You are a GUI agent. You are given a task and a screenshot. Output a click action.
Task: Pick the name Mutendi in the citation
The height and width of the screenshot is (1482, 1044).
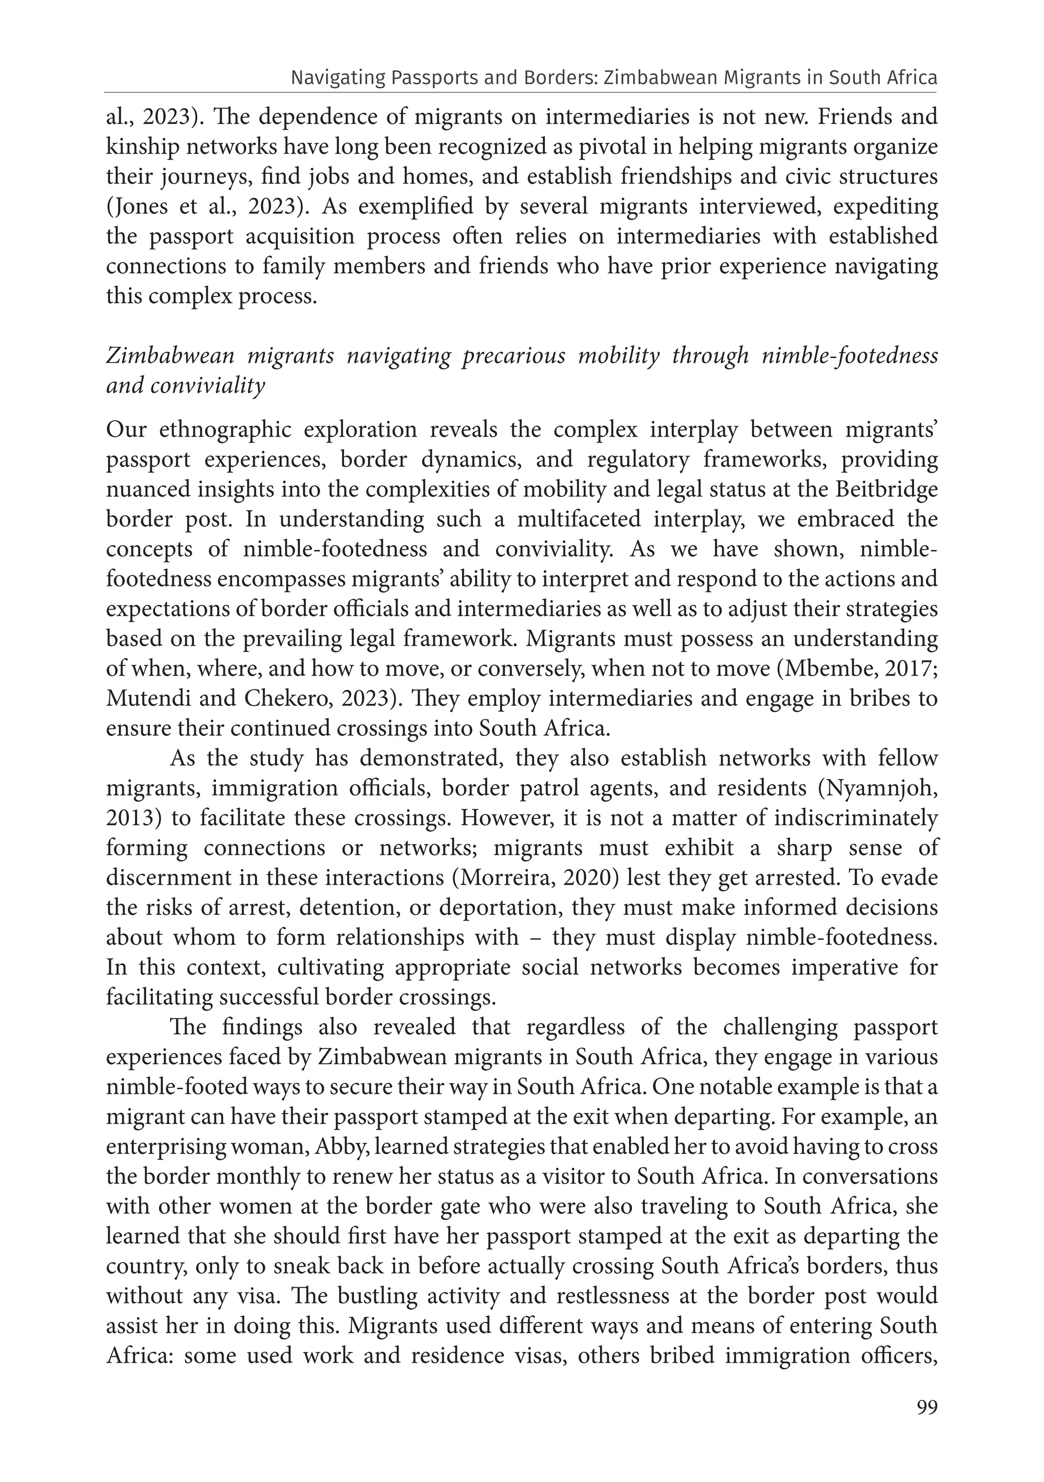[x=148, y=698]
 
